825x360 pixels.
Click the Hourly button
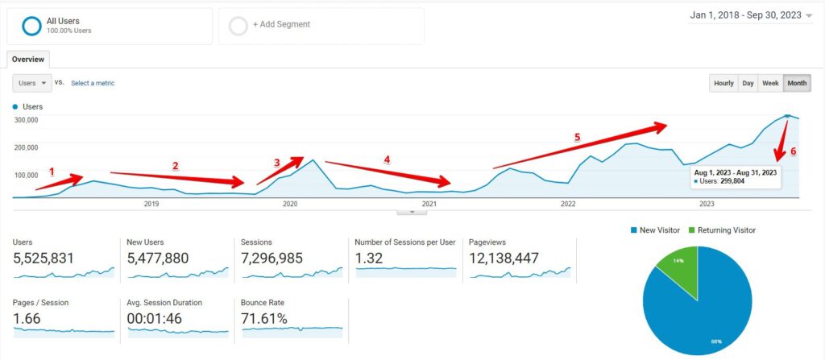[x=723, y=83]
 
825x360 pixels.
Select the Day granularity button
[x=748, y=83]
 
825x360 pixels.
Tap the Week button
[x=770, y=83]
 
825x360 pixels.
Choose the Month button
[x=797, y=83]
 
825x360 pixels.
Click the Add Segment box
[x=321, y=25]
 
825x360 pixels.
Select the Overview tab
[x=28, y=60]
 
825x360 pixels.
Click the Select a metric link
[x=93, y=83]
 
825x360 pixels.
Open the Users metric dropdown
[x=32, y=83]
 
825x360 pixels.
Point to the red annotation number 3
[x=277, y=163]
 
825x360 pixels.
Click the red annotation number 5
[x=577, y=138]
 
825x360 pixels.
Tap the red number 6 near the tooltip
[x=793, y=151]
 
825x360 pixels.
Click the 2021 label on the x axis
[x=429, y=205]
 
